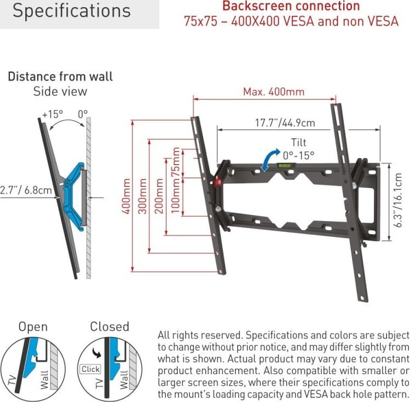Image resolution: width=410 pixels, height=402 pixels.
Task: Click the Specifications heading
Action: [71, 11]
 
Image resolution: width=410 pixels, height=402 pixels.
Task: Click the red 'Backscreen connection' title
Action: [291, 6]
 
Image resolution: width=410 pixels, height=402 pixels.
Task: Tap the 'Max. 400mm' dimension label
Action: [274, 92]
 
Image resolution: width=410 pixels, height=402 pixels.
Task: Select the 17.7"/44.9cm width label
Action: [285, 123]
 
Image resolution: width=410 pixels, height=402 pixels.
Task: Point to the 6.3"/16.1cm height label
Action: [398, 200]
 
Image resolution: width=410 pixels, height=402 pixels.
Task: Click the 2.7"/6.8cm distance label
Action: [26, 190]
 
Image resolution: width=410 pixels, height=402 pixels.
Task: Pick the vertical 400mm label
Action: [126, 196]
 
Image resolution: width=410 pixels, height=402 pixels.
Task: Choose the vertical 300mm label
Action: [142, 196]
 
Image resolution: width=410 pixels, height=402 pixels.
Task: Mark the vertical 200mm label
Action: [159, 196]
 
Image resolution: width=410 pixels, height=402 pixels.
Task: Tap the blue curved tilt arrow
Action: [270, 160]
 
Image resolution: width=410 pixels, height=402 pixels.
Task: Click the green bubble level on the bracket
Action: [286, 165]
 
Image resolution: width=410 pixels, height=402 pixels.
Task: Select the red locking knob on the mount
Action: [217, 182]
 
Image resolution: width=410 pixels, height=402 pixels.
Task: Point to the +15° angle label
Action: [53, 114]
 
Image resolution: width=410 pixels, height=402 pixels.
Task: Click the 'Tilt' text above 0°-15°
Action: [299, 143]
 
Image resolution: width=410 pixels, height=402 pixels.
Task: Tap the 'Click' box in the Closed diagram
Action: [90, 369]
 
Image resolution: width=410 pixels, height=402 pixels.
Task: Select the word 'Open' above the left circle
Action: [33, 327]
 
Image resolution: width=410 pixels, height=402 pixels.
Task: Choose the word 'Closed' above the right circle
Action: [109, 327]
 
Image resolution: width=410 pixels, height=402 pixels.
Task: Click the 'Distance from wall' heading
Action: [60, 77]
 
